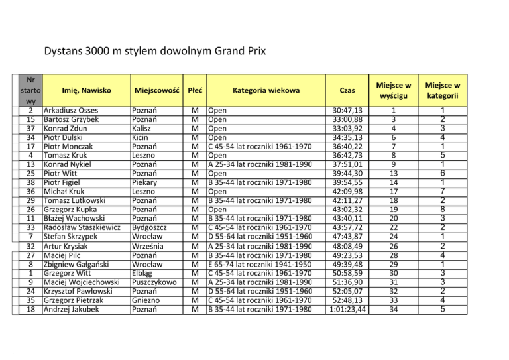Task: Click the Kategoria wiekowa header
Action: (266, 90)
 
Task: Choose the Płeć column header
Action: (194, 90)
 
